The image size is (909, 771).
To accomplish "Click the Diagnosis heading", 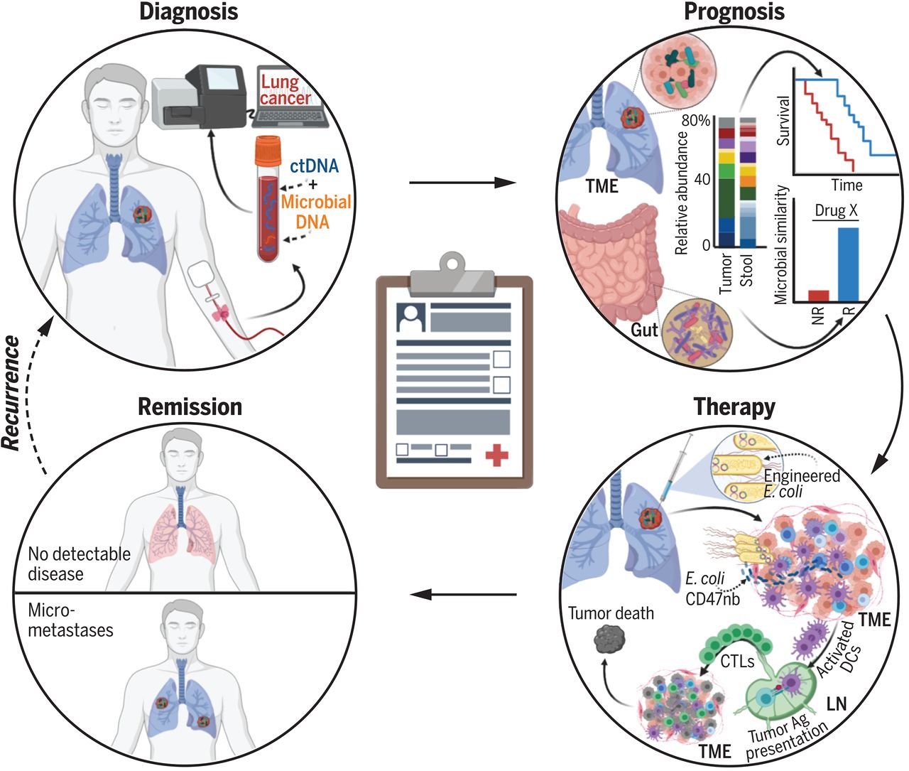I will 188,11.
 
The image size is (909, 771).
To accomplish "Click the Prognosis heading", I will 734,11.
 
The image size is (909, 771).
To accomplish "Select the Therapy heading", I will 734,407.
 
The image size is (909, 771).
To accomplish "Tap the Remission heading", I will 190,406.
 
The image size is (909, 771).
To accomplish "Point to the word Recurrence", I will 11,392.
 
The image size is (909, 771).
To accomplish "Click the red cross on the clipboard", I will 496,454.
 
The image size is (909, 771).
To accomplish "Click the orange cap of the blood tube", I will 269,149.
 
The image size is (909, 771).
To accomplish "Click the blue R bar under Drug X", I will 849,264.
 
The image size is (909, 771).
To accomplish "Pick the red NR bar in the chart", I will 818,295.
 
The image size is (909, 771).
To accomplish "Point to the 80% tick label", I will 697,121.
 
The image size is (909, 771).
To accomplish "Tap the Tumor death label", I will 611,613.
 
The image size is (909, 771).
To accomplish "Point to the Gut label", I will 644,329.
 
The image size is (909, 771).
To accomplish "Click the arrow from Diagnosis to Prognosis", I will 462,183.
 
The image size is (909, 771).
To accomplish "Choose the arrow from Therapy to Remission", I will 464,593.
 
